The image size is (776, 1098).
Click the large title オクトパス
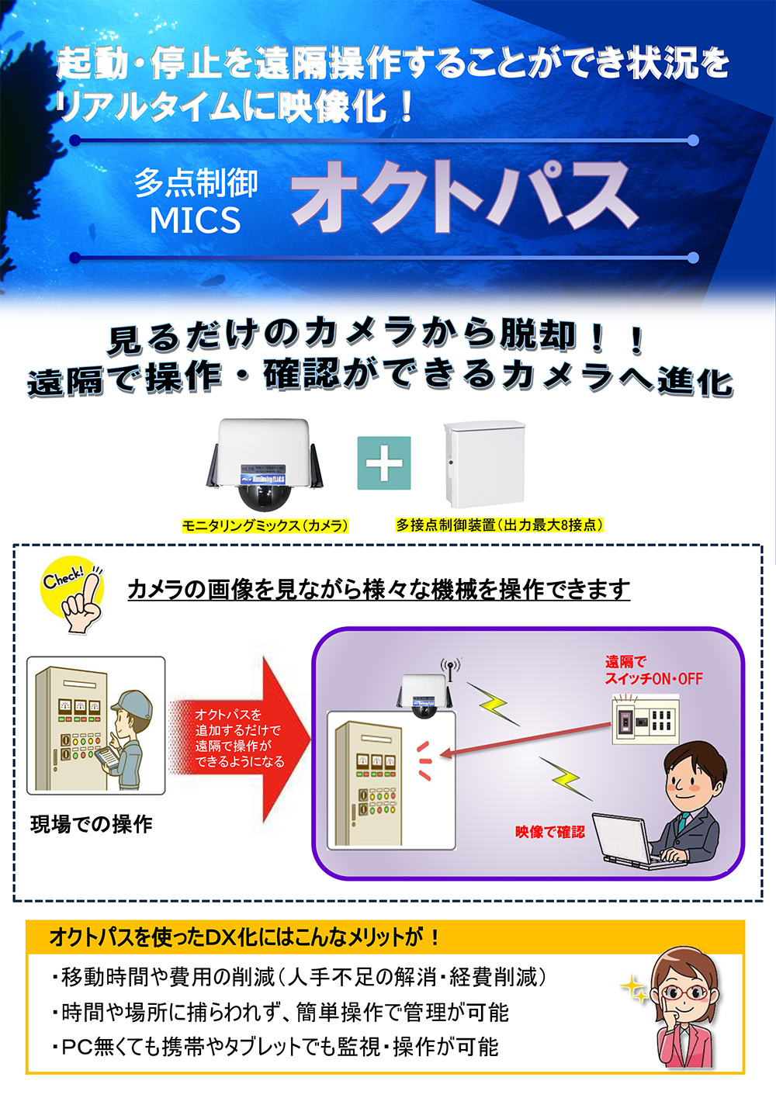click(464, 197)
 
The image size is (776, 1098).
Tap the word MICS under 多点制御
click(195, 220)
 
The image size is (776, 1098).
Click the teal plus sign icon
click(383, 463)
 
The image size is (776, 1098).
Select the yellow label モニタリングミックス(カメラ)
click(265, 526)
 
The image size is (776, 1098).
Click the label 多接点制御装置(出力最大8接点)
click(499, 525)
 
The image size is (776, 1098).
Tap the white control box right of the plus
click(483, 463)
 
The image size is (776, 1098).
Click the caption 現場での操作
click(91, 824)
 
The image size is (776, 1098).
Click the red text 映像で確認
click(549, 832)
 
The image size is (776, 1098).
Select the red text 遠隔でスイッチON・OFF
click(653, 670)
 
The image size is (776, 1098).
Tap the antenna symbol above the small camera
click(450, 668)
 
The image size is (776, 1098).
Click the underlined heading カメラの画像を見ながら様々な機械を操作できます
click(378, 590)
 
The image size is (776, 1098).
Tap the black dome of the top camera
click(265, 496)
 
